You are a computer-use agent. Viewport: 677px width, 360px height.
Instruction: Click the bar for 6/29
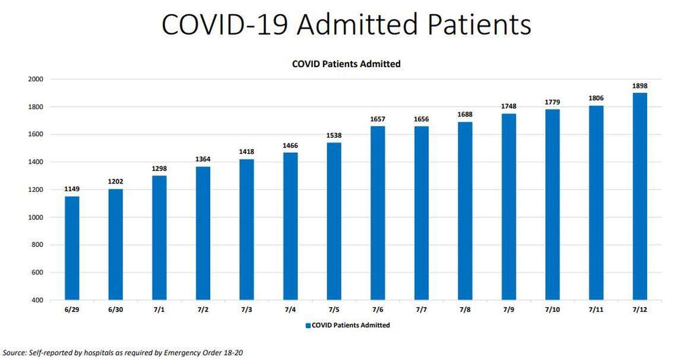[72, 248]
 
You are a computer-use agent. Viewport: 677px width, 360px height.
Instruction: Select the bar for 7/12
[640, 196]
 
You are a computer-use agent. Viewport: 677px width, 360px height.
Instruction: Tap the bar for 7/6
[378, 213]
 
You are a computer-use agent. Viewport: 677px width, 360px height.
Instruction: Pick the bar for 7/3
[246, 229]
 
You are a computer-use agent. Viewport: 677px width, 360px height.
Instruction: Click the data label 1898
[640, 86]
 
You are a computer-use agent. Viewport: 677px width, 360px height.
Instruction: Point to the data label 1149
[72, 189]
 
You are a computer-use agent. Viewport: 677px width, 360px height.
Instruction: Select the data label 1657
[378, 119]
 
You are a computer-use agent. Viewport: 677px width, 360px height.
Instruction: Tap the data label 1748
[508, 106]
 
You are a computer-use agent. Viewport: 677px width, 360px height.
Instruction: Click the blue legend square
[308, 326]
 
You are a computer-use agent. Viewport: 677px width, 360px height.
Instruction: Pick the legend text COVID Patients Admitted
[351, 326]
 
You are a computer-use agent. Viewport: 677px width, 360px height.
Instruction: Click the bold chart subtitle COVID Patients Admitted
[346, 64]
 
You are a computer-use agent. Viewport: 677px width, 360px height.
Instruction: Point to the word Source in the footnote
[14, 353]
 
